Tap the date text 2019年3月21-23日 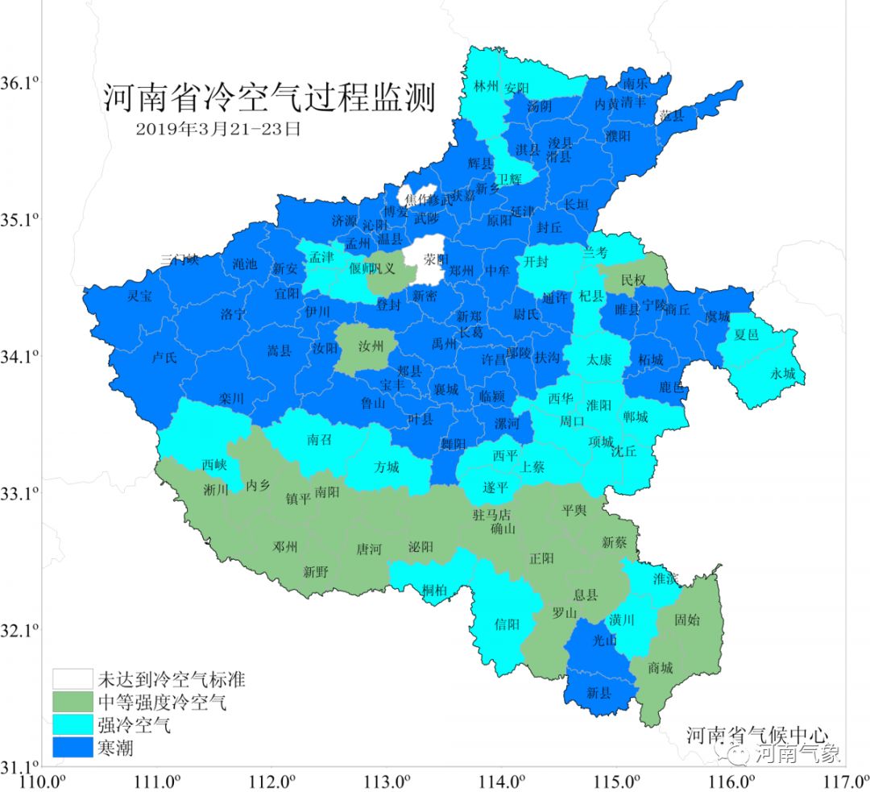(217, 129)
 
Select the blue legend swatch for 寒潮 (72, 749)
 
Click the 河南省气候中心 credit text (757, 735)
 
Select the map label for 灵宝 (139, 296)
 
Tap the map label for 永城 (782, 373)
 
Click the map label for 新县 (599, 692)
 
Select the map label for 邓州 (285, 547)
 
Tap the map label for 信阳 (507, 623)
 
